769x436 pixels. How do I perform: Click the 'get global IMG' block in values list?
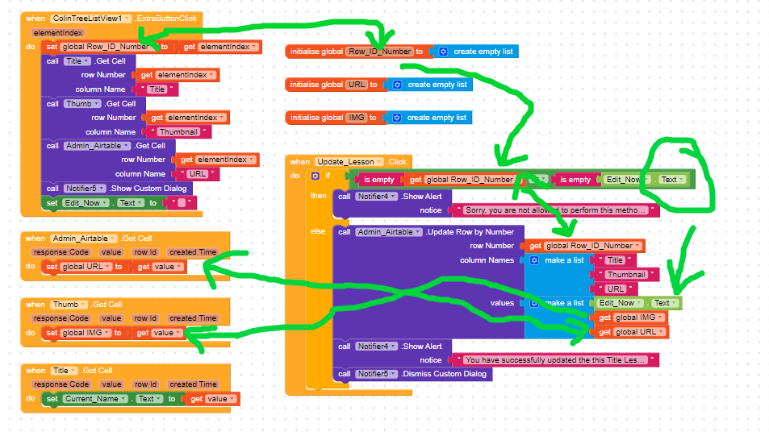(629, 318)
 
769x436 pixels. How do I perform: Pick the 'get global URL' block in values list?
(629, 332)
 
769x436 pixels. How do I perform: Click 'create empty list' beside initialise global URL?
(437, 85)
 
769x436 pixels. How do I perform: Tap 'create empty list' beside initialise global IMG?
(437, 118)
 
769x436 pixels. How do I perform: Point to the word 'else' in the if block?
(318, 232)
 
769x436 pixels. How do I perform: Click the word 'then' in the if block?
(319, 196)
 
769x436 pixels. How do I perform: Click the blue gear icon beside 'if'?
(316, 176)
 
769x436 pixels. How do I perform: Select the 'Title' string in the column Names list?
(615, 260)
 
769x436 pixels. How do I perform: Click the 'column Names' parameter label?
(487, 260)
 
